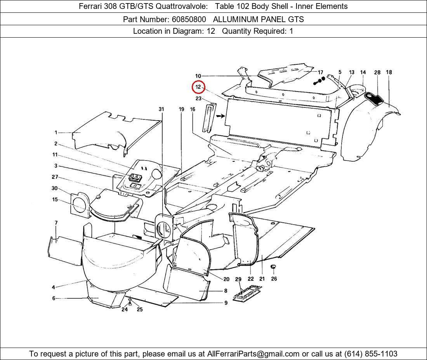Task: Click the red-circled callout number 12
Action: coord(198,87)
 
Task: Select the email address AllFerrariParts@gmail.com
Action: coord(253,354)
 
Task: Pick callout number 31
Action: coord(161,109)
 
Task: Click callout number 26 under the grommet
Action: coord(274,279)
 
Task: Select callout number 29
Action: coord(238,279)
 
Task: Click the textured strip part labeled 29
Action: coord(247,292)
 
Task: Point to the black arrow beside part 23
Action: coord(220,116)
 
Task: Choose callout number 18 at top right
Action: coord(389,72)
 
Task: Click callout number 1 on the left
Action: coord(56,133)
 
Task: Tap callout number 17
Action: coord(320,72)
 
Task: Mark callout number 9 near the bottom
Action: coord(226,303)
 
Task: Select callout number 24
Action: coord(125,310)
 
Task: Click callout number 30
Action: coord(55,189)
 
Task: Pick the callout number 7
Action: coord(56,223)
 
